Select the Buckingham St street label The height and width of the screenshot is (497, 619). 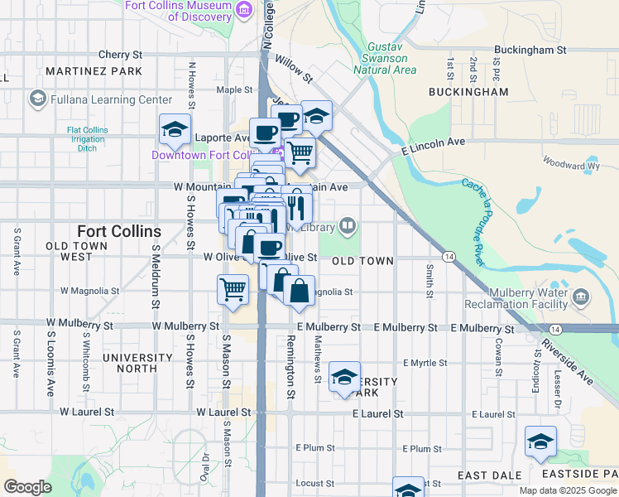coord(530,50)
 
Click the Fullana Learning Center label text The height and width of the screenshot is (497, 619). coord(111,100)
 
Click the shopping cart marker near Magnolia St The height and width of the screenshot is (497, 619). coord(233,290)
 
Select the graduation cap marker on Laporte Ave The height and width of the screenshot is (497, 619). coord(175,129)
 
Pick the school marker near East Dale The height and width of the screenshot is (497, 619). coord(540,442)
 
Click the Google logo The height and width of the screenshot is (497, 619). coord(27,486)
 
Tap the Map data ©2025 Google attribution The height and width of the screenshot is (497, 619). coord(567,490)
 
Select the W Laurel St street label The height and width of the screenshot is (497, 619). coord(223,412)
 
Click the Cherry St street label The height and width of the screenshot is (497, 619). coord(120,54)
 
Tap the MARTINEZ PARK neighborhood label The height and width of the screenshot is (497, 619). coord(94,72)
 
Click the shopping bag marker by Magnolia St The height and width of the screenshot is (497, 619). coord(300,291)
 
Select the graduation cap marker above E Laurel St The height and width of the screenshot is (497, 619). coord(344,378)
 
